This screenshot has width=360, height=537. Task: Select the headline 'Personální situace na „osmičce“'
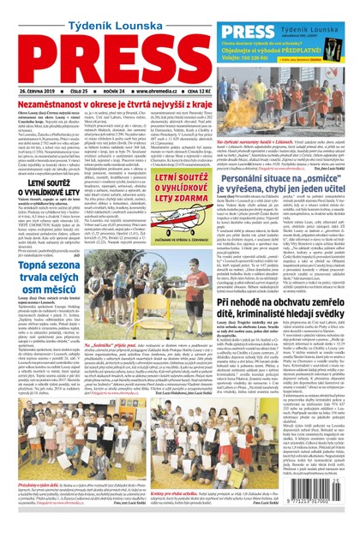point(299,179)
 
